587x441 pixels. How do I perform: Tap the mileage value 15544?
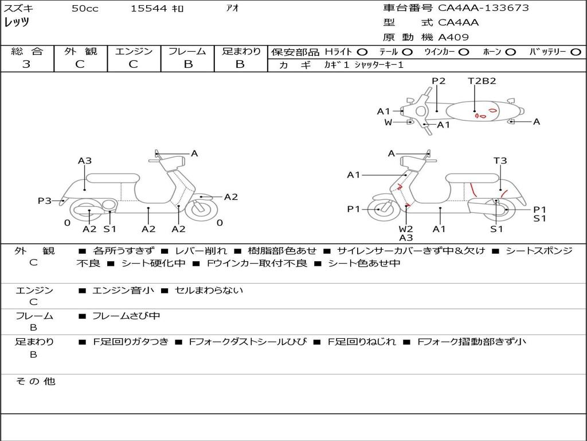(148, 9)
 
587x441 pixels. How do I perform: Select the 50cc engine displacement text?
(85, 9)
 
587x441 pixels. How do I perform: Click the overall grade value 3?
(26, 64)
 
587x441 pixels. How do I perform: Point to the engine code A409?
(453, 37)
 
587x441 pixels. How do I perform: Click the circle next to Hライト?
(362, 52)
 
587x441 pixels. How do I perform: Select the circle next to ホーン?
(511, 52)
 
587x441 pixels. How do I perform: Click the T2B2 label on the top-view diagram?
(482, 81)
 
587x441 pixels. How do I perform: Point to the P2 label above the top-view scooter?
(439, 81)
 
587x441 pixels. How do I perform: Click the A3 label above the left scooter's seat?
(85, 161)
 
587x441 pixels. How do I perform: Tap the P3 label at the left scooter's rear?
(45, 201)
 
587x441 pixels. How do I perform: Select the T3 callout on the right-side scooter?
(500, 161)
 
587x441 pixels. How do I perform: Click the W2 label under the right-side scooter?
(406, 229)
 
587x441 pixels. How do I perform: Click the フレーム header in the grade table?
(187, 51)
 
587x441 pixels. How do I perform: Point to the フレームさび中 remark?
(126, 316)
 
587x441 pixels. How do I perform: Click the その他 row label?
(35, 381)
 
